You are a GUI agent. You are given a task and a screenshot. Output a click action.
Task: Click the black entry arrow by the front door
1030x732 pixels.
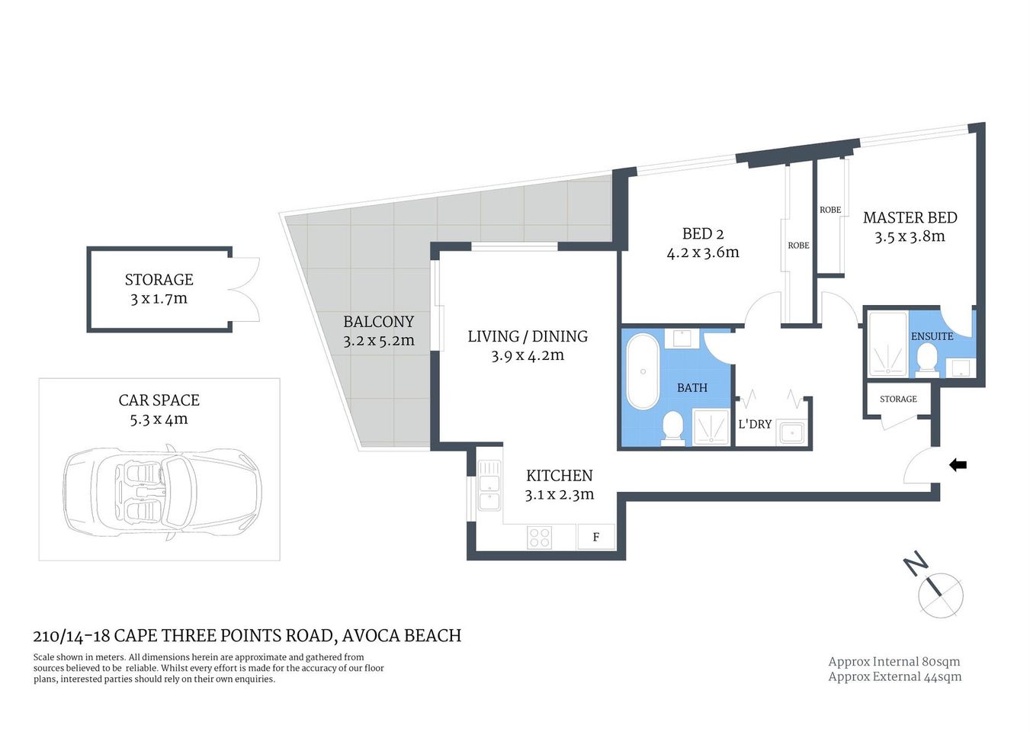click(x=958, y=464)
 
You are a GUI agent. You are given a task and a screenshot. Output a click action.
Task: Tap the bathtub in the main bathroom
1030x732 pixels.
click(x=642, y=372)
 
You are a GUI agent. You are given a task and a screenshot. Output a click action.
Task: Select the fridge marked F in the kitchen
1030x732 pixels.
click(x=595, y=537)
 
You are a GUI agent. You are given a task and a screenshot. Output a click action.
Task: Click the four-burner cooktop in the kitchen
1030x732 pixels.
click(x=539, y=538)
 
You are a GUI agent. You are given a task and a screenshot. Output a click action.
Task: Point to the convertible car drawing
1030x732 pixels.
click(x=162, y=493)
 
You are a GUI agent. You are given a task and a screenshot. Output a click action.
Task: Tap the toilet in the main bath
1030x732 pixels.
click(x=673, y=426)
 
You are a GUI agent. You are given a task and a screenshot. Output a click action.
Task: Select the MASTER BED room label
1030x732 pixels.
click(x=910, y=218)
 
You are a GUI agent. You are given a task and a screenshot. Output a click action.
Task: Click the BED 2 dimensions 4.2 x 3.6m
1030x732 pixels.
click(x=702, y=253)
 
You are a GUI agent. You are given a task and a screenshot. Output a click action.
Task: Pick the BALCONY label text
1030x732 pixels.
click(x=378, y=322)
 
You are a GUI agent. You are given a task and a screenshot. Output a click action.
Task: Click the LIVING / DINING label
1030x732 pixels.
click(x=528, y=336)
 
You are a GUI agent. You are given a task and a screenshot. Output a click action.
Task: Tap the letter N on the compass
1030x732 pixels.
click(x=916, y=564)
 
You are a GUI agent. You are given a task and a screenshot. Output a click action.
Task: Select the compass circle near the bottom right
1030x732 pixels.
click(x=941, y=595)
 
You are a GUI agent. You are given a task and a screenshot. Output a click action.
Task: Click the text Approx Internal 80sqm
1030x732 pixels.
click(x=894, y=662)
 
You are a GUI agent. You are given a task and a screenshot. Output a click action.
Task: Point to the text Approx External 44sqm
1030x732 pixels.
click(x=894, y=676)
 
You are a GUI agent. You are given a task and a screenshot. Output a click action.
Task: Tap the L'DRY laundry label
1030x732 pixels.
click(x=755, y=424)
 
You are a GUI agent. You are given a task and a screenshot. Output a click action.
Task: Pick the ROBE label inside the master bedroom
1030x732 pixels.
click(x=830, y=210)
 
